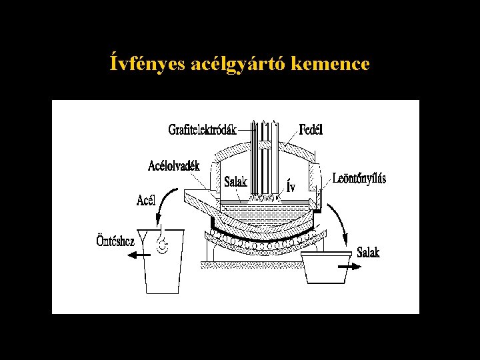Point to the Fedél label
(x=311, y=129)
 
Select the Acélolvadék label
(x=174, y=165)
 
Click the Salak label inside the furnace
(x=235, y=181)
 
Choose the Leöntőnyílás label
(x=359, y=179)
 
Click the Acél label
(x=146, y=200)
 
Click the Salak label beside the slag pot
(x=368, y=252)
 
